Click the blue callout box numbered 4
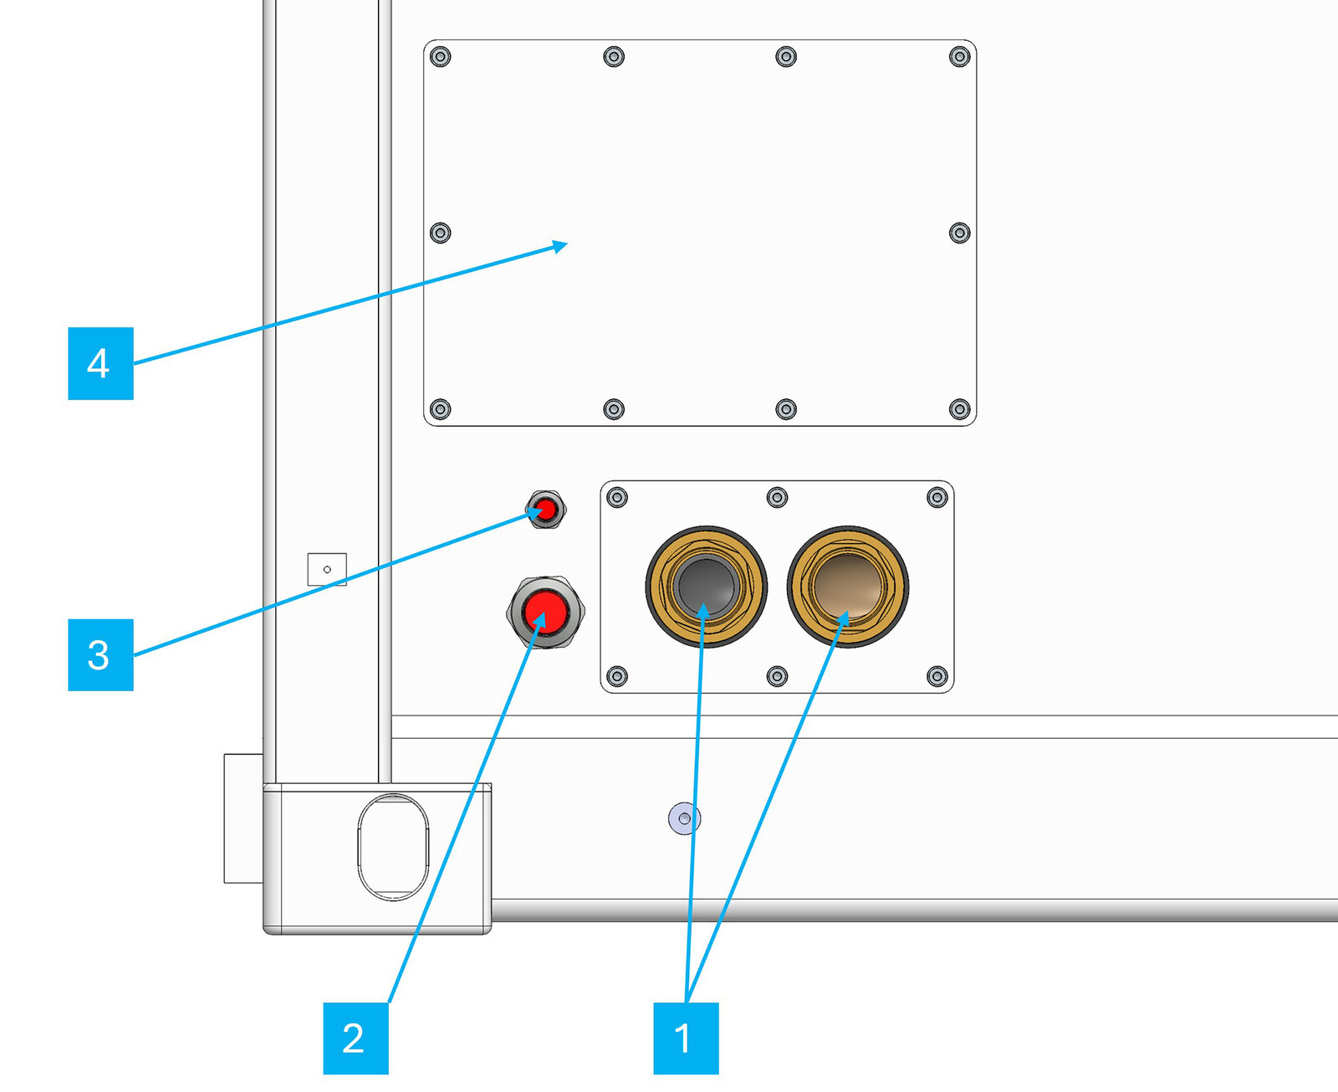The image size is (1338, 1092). click(100, 363)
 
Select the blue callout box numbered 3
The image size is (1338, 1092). click(100, 654)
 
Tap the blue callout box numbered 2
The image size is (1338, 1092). click(355, 1038)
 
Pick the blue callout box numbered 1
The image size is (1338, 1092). click(686, 1038)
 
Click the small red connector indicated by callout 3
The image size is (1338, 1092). click(545, 509)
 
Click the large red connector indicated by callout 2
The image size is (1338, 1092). click(545, 612)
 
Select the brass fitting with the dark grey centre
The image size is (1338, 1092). click(706, 587)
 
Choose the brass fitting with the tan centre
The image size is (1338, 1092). click(848, 587)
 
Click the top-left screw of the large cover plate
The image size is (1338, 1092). click(441, 57)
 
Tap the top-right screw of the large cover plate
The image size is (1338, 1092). click(959, 57)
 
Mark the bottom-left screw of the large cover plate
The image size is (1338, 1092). click(441, 409)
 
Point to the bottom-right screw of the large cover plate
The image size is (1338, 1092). click(959, 409)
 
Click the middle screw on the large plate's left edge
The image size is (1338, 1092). click(441, 233)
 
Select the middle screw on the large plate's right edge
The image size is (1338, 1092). click(959, 233)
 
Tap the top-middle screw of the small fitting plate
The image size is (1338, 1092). click(777, 497)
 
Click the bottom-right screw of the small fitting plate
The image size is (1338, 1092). click(937, 676)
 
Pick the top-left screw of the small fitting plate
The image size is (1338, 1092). click(617, 497)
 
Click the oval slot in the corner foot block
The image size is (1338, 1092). click(393, 847)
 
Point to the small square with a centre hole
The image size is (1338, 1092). click(327, 570)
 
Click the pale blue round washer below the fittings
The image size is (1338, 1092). click(685, 819)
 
